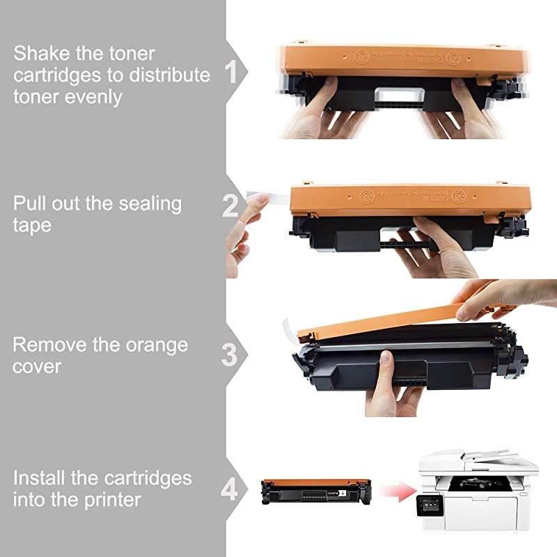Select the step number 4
pos(230,489)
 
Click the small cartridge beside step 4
pos(315,490)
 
